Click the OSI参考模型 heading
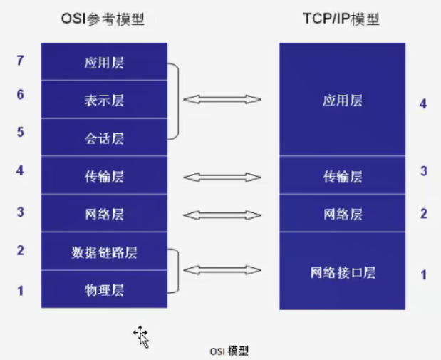[x=103, y=19]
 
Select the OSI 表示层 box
[x=104, y=100]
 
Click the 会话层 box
[x=104, y=138]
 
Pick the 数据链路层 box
[x=104, y=252]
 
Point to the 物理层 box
[x=104, y=289]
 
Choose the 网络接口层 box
[x=342, y=272]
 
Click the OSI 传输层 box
[x=104, y=176]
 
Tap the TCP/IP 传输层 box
[x=342, y=176]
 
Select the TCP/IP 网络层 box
[x=342, y=214]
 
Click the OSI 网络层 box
[x=104, y=214]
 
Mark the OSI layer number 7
[x=20, y=61]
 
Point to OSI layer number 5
[x=20, y=132]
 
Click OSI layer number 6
[x=20, y=94]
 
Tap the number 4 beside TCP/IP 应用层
[x=423, y=104]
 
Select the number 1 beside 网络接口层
[x=424, y=274]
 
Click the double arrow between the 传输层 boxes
[x=222, y=176]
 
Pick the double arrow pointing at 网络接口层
[x=222, y=270]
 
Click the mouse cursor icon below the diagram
[x=141, y=336]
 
